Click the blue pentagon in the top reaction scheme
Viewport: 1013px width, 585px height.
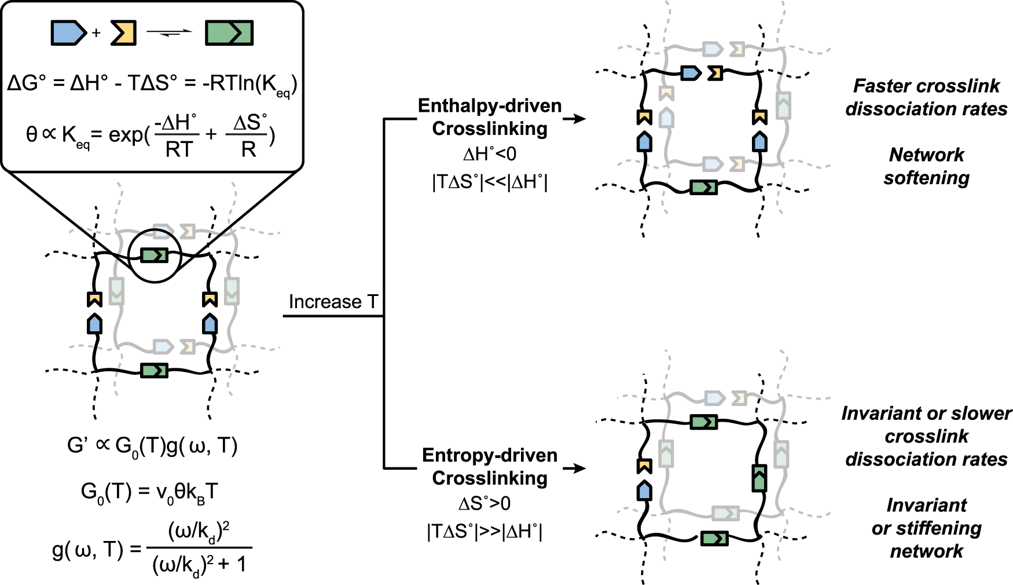[x=68, y=33]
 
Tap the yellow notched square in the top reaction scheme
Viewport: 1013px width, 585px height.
[x=123, y=33]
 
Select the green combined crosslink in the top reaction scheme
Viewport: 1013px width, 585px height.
[x=229, y=33]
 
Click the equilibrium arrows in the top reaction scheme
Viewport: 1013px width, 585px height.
[x=169, y=33]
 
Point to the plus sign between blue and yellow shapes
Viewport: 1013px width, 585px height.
[x=96, y=33]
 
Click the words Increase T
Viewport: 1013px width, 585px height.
[x=333, y=302]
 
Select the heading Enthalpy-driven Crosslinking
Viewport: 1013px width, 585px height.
[x=490, y=117]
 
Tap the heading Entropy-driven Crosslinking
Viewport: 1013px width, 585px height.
[x=490, y=466]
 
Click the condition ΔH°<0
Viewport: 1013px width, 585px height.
[x=490, y=154]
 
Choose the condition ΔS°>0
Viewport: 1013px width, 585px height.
[x=485, y=503]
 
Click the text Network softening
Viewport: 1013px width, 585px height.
[x=926, y=166]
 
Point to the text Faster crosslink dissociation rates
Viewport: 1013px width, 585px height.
[x=926, y=97]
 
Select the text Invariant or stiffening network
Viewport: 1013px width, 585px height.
[x=926, y=528]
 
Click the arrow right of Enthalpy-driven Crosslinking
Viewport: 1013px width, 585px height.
[x=574, y=119]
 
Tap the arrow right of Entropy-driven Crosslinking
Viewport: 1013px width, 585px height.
[x=574, y=468]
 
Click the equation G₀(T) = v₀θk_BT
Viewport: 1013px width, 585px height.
[x=149, y=492]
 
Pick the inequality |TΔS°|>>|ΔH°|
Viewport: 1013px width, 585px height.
[x=485, y=532]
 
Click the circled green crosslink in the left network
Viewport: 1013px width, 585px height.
[x=155, y=255]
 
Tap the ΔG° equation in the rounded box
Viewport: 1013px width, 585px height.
[x=152, y=84]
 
